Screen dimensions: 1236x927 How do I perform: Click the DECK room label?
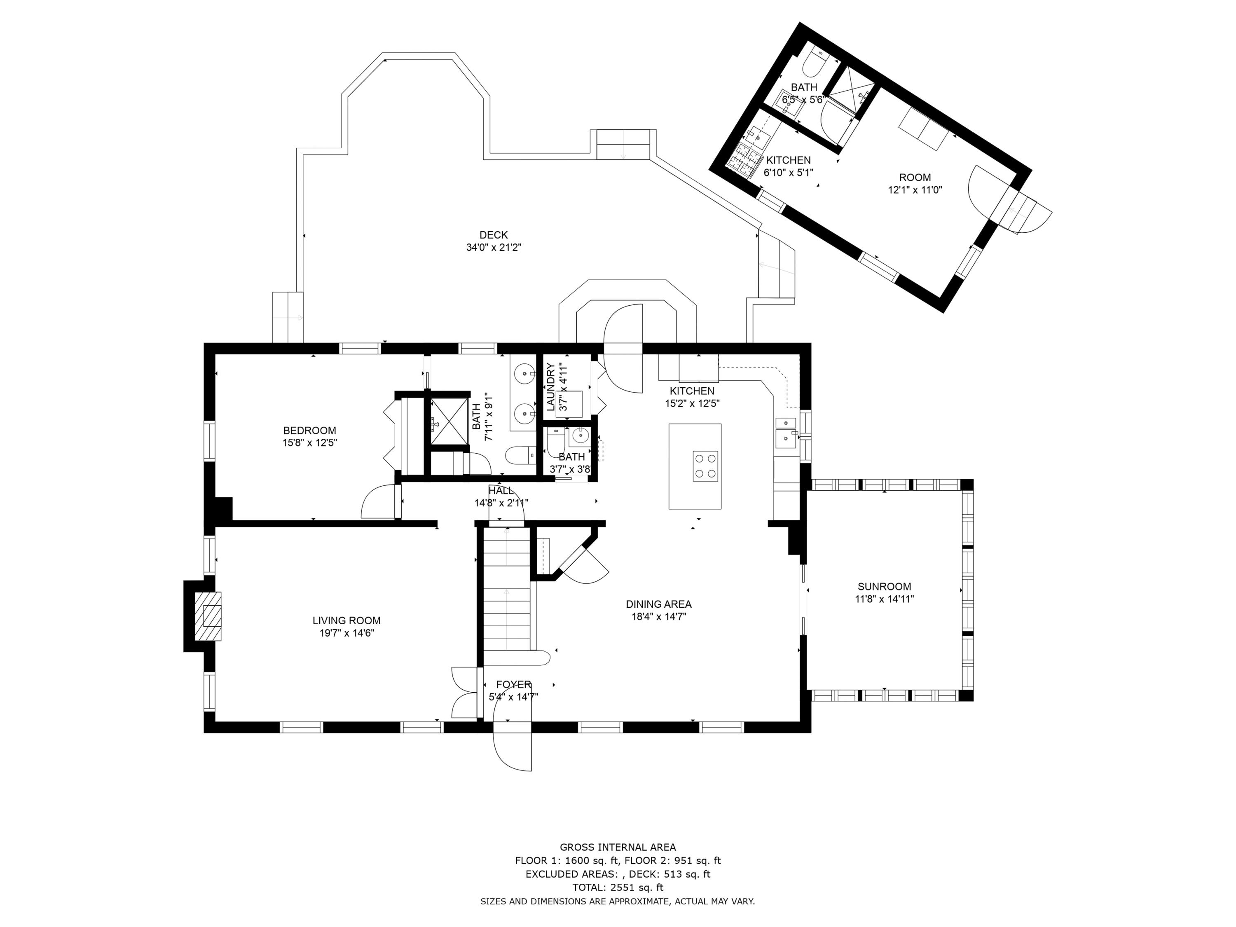pos(494,235)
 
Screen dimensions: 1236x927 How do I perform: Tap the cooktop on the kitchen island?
pos(705,466)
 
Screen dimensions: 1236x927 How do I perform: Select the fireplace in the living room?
pos(207,616)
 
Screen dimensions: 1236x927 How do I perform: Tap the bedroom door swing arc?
pos(379,502)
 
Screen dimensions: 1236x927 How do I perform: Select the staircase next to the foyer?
pos(507,588)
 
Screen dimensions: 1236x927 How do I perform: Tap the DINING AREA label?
pos(659,604)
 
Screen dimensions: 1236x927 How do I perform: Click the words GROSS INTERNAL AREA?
pos(618,847)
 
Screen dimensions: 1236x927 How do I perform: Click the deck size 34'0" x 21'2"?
pos(494,248)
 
